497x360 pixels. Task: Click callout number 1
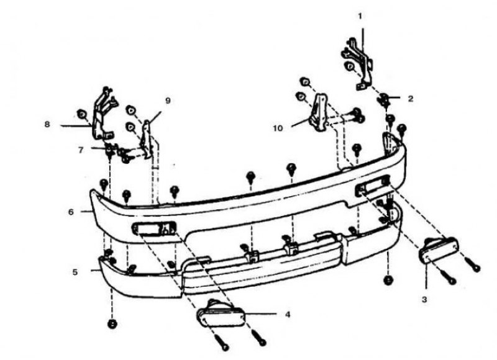(360, 16)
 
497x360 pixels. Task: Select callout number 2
(411, 99)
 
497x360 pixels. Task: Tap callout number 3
(425, 299)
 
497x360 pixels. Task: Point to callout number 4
(288, 315)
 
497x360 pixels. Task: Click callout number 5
(75, 272)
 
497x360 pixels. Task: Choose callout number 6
(71, 212)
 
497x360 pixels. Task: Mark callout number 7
(81, 150)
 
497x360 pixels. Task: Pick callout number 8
(47, 124)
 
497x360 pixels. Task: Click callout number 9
(168, 101)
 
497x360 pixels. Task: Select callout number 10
(278, 128)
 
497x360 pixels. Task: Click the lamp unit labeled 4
(221, 313)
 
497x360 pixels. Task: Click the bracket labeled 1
(357, 63)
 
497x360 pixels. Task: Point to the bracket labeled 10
(319, 112)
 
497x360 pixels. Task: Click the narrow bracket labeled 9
(147, 138)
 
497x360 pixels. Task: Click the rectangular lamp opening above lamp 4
(154, 228)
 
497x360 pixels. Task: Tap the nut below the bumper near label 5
(112, 324)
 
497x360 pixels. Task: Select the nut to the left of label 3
(389, 280)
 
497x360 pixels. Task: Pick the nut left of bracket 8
(82, 114)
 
